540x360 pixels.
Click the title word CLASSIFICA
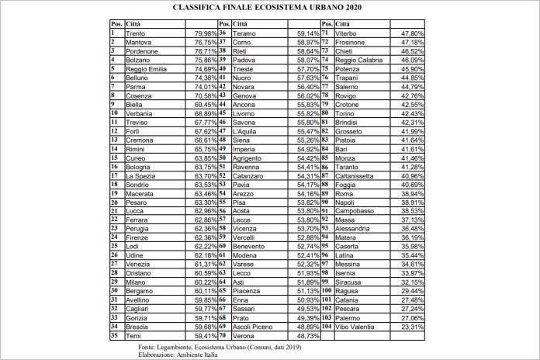pos(198,8)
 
